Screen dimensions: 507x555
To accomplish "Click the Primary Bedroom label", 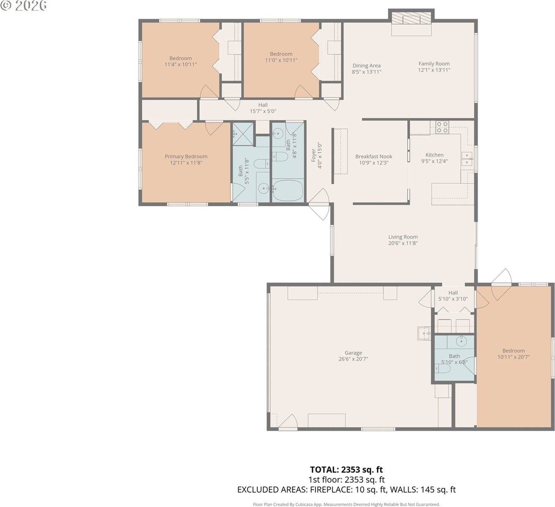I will [186, 156].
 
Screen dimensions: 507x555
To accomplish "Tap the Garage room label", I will [353, 353].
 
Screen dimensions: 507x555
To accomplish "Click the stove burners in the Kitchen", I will [442, 127].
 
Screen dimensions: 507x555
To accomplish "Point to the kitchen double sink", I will [467, 159].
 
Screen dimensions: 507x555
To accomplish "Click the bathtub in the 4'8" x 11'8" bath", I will [287, 191].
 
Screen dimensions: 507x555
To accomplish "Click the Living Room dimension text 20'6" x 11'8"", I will [403, 243].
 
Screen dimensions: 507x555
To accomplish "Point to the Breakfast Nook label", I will [373, 156].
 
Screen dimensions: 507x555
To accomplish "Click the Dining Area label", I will [366, 65].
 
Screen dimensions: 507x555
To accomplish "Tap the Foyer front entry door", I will [320, 204].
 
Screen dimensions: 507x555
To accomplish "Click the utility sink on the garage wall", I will [423, 333].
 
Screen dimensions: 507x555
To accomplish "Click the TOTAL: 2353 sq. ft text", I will [346, 469].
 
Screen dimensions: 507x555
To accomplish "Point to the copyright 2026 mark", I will [24, 5].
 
